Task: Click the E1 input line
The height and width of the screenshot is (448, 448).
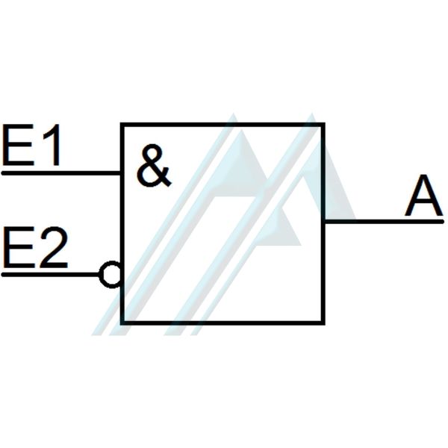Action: coord(60,172)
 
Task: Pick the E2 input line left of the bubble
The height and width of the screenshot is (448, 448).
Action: coord(49,275)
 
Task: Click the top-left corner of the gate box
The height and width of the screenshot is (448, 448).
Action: coord(122,124)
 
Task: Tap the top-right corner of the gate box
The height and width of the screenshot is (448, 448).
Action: coord(323,124)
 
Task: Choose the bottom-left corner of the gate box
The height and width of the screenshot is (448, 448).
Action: coord(122,323)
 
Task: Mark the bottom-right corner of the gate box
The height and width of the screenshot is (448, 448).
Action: coord(323,323)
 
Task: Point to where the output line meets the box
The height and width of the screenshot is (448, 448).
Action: coord(324,221)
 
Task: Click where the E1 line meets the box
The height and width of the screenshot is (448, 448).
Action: coord(122,172)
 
